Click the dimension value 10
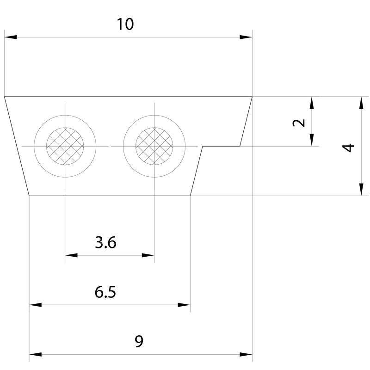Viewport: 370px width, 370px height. tap(125, 25)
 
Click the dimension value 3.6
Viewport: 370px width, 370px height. tap(105, 242)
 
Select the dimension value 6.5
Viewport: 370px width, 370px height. tap(105, 292)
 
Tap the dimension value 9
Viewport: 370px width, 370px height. tap(139, 341)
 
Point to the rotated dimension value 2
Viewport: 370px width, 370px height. tap(299, 123)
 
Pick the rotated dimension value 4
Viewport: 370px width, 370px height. tap(348, 148)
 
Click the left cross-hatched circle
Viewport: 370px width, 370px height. tap(65, 146)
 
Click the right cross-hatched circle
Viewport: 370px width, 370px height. tap(154, 146)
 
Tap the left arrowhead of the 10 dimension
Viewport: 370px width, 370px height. tap(11, 37)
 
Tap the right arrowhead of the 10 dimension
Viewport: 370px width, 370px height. tap(246, 37)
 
